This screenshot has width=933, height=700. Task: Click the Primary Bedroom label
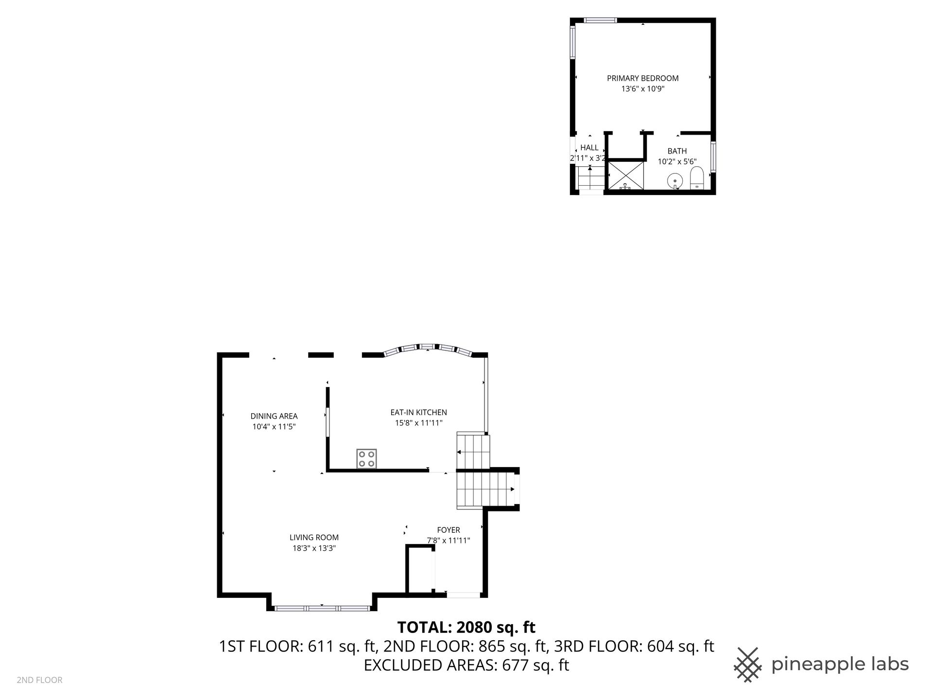(x=642, y=78)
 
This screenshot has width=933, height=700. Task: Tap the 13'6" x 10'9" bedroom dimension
(x=642, y=89)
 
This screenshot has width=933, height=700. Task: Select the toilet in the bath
(x=697, y=178)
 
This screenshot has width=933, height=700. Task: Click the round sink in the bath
(x=675, y=181)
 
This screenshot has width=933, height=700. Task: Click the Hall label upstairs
(x=589, y=148)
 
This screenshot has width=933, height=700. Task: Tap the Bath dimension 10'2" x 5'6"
(x=677, y=162)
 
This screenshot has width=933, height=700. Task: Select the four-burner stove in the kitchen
(x=366, y=458)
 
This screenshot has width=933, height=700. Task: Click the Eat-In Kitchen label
(x=418, y=412)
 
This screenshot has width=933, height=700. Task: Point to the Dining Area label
(x=274, y=416)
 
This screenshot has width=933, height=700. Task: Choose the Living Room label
(x=314, y=538)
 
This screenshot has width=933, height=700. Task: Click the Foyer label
(x=449, y=530)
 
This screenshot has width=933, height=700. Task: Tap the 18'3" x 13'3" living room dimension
(x=314, y=548)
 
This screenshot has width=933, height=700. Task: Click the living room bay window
(x=322, y=608)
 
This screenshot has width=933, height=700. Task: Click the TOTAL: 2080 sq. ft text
(x=466, y=628)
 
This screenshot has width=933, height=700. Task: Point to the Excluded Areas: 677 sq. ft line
(x=466, y=665)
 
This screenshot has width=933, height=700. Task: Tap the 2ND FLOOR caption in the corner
(x=39, y=680)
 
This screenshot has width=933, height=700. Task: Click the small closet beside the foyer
(x=420, y=570)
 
